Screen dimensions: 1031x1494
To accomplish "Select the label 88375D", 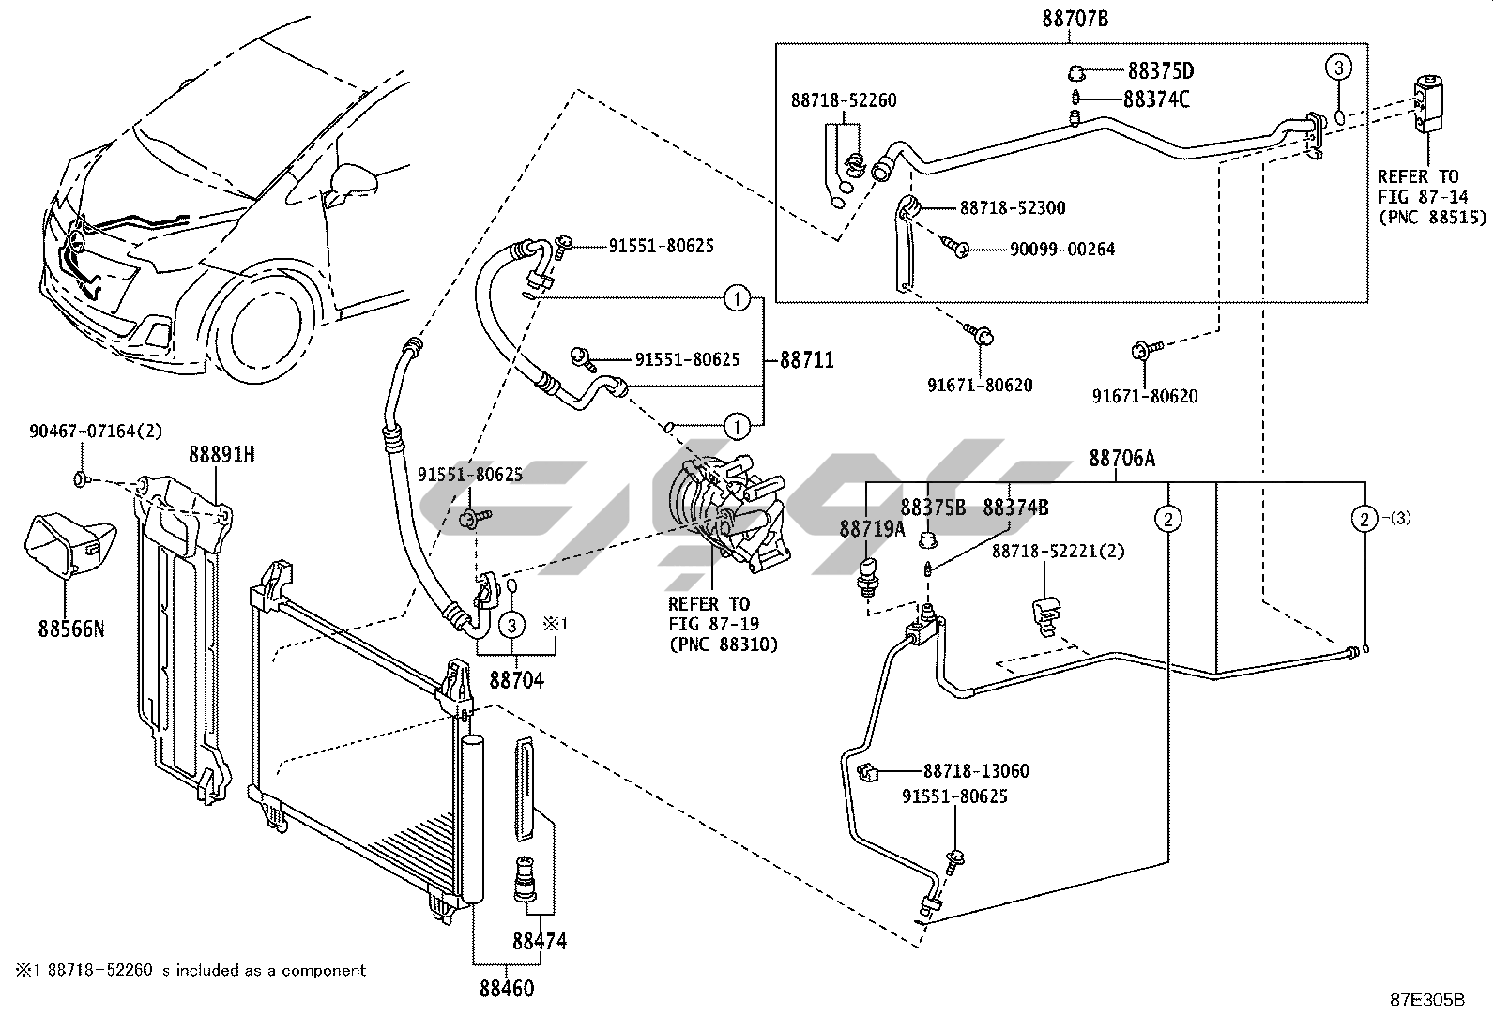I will pos(1160,71).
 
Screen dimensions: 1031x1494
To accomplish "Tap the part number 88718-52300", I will pos(1012,208).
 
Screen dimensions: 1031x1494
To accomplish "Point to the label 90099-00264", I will pos(1062,250).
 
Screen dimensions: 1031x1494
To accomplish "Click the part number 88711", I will pos(806,360).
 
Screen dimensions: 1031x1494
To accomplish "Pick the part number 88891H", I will pos(221,455).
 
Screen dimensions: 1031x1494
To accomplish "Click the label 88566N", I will pos(71,629).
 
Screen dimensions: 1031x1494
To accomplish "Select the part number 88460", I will pos(507,988).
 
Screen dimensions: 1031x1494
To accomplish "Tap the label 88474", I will pos(540,941).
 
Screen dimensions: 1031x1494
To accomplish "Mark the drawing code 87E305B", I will pos(1427,1000).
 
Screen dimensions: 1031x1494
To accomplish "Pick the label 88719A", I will pos(872,530).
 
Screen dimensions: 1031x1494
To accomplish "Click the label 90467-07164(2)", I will pos(96,432).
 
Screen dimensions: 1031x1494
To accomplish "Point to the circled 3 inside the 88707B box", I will pos(1338,68).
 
